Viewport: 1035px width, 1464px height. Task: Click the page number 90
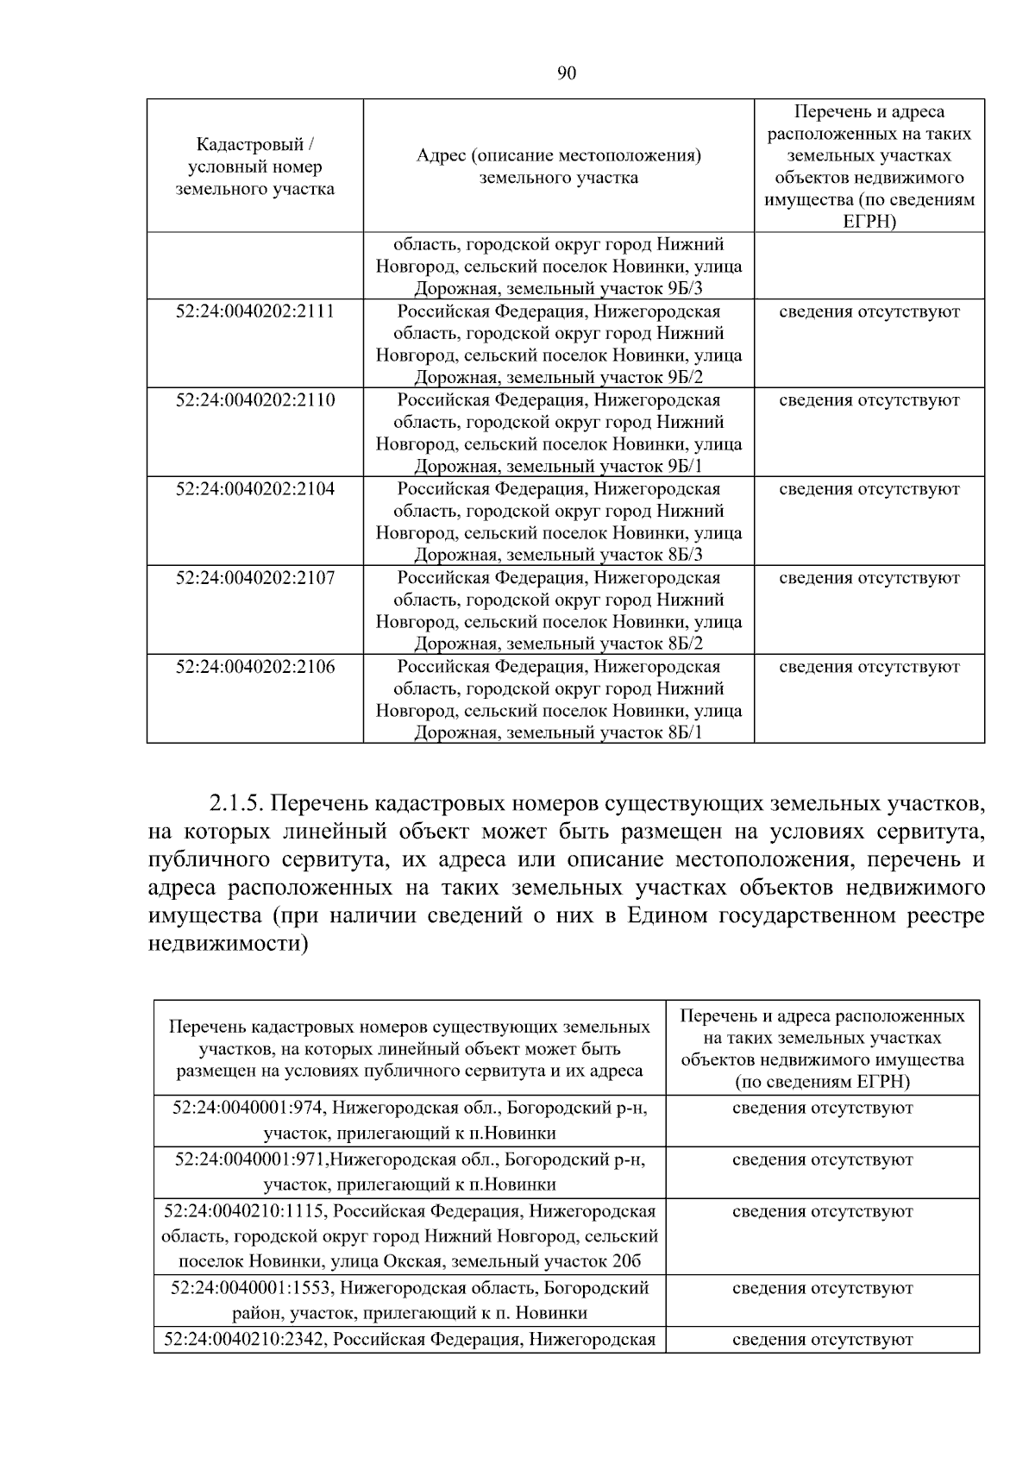tap(566, 73)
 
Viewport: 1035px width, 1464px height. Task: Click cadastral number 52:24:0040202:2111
tap(254, 311)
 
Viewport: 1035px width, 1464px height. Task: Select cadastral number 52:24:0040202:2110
tap(254, 400)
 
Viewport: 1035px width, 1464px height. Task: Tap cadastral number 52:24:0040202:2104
tap(254, 489)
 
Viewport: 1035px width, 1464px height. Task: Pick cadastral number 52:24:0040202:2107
tap(254, 578)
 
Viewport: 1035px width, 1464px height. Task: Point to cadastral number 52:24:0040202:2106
tap(254, 667)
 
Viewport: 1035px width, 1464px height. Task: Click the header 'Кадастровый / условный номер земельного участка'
tap(254, 166)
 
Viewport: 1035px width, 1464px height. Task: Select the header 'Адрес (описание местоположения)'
tap(558, 156)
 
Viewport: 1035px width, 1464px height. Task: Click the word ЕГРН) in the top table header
tap(869, 222)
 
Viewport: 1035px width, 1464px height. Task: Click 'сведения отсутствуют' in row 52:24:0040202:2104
tap(869, 489)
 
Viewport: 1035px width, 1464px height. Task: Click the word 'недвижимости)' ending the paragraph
tap(228, 943)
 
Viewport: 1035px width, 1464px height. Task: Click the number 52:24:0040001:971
tap(251, 1159)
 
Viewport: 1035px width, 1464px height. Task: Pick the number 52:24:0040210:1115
tap(245, 1211)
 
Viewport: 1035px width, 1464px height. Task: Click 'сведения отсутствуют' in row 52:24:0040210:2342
tap(822, 1340)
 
